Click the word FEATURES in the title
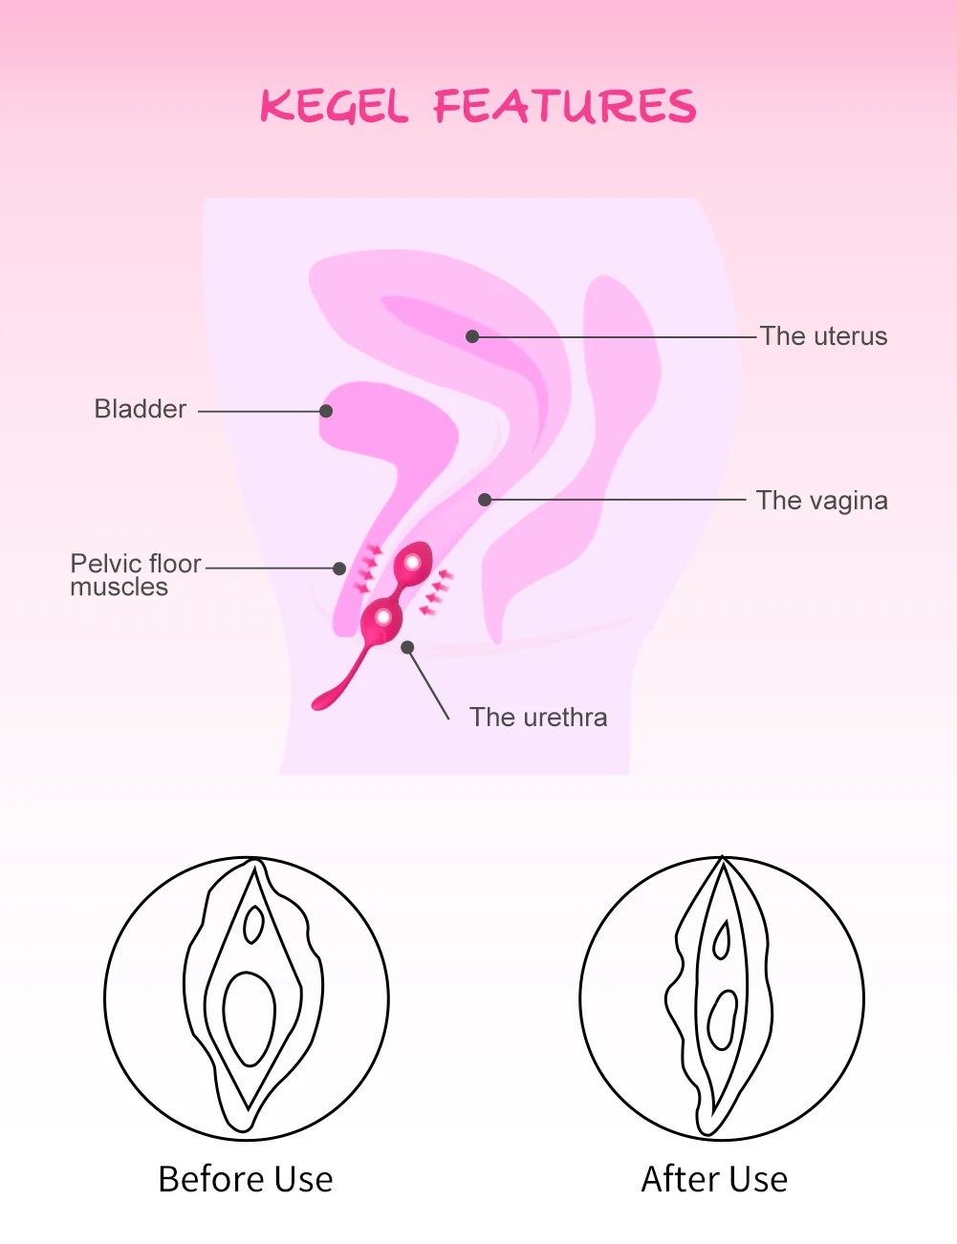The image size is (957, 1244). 565,106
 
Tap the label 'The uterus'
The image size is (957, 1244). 823,336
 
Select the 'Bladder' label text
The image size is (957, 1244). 141,409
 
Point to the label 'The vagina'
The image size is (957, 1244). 821,501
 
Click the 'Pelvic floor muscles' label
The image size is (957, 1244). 135,575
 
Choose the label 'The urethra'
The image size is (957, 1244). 538,718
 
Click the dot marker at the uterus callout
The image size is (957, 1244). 472,336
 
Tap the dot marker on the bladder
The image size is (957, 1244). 326,411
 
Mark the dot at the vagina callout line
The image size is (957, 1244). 485,500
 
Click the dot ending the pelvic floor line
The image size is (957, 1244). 339,568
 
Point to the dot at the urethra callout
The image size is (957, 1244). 407,647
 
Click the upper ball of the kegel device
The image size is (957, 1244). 413,563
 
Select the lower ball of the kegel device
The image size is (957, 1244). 382,617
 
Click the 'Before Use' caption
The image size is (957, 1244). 246,1179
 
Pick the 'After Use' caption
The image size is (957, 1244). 714,1179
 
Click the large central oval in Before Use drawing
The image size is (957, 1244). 250,1018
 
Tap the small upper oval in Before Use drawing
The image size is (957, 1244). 253,924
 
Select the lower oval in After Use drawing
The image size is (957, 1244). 722,1019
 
